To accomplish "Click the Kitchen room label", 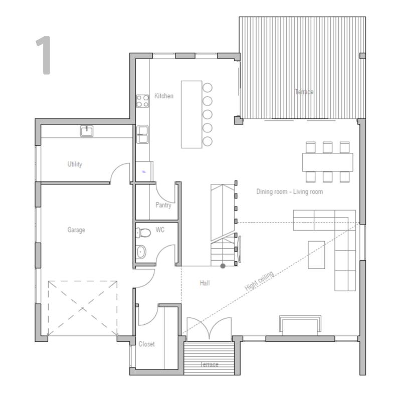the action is (x=164, y=96).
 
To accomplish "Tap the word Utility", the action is (x=75, y=164).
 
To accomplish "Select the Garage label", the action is (x=76, y=230).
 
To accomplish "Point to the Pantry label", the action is (x=163, y=205).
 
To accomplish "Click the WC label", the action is (x=160, y=230).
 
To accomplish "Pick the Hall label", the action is (x=205, y=283).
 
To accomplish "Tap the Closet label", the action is (x=146, y=344).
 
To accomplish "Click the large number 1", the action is (x=44, y=55).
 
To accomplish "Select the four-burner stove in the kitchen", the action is (x=142, y=101).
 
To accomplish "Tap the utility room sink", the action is (x=86, y=131).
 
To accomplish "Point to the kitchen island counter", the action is (x=191, y=114).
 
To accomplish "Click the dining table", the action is (x=328, y=162).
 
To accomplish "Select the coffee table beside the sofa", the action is (x=316, y=255).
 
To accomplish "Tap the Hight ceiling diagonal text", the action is (x=259, y=281).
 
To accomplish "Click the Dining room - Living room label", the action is (x=290, y=191).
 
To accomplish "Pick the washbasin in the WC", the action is (x=141, y=252).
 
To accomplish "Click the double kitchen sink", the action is (x=142, y=134).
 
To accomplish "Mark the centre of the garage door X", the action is (x=83, y=308).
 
